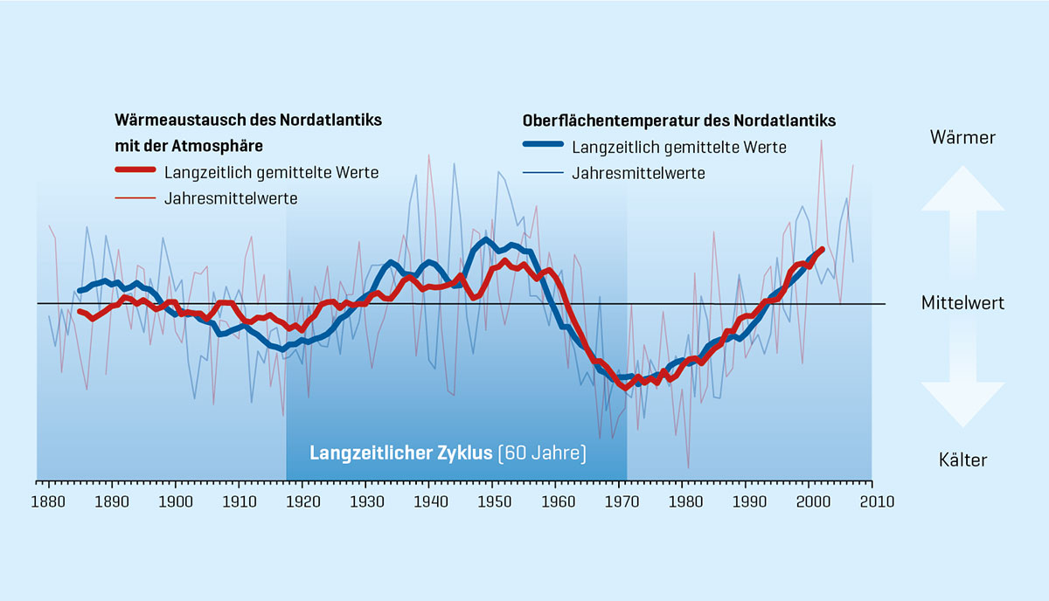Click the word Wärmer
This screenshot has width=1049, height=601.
coord(962,137)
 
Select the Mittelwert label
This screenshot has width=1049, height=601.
coord(962,303)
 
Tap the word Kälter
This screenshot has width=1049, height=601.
coord(962,459)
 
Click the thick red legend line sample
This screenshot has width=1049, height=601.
coord(135,172)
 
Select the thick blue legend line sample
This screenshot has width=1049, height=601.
coord(543,147)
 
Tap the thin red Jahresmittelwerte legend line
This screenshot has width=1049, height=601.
coord(135,198)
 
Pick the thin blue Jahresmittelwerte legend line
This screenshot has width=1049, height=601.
coord(543,173)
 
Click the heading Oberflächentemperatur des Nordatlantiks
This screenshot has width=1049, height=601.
coord(678,120)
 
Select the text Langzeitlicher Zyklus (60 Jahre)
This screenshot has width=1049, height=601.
coord(448,454)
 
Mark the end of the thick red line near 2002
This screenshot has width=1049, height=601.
coord(822,249)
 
